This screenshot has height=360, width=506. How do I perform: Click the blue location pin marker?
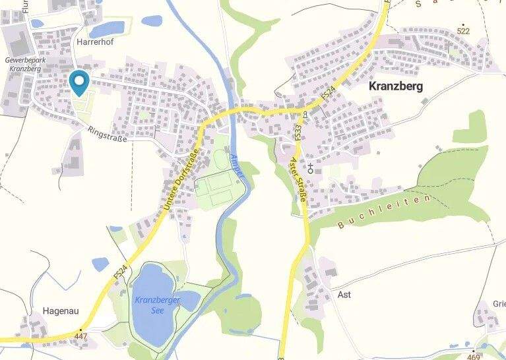(79, 82)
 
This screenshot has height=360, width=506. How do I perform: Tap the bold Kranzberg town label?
(396, 86)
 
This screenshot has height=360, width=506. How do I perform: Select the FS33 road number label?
(299, 133)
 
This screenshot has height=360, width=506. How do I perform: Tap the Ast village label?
(344, 295)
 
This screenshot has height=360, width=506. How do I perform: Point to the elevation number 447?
(80, 336)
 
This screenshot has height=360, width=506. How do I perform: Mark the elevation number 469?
(474, 356)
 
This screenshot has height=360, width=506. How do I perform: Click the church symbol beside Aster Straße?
(309, 166)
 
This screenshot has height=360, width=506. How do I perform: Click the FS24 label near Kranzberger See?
(119, 270)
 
